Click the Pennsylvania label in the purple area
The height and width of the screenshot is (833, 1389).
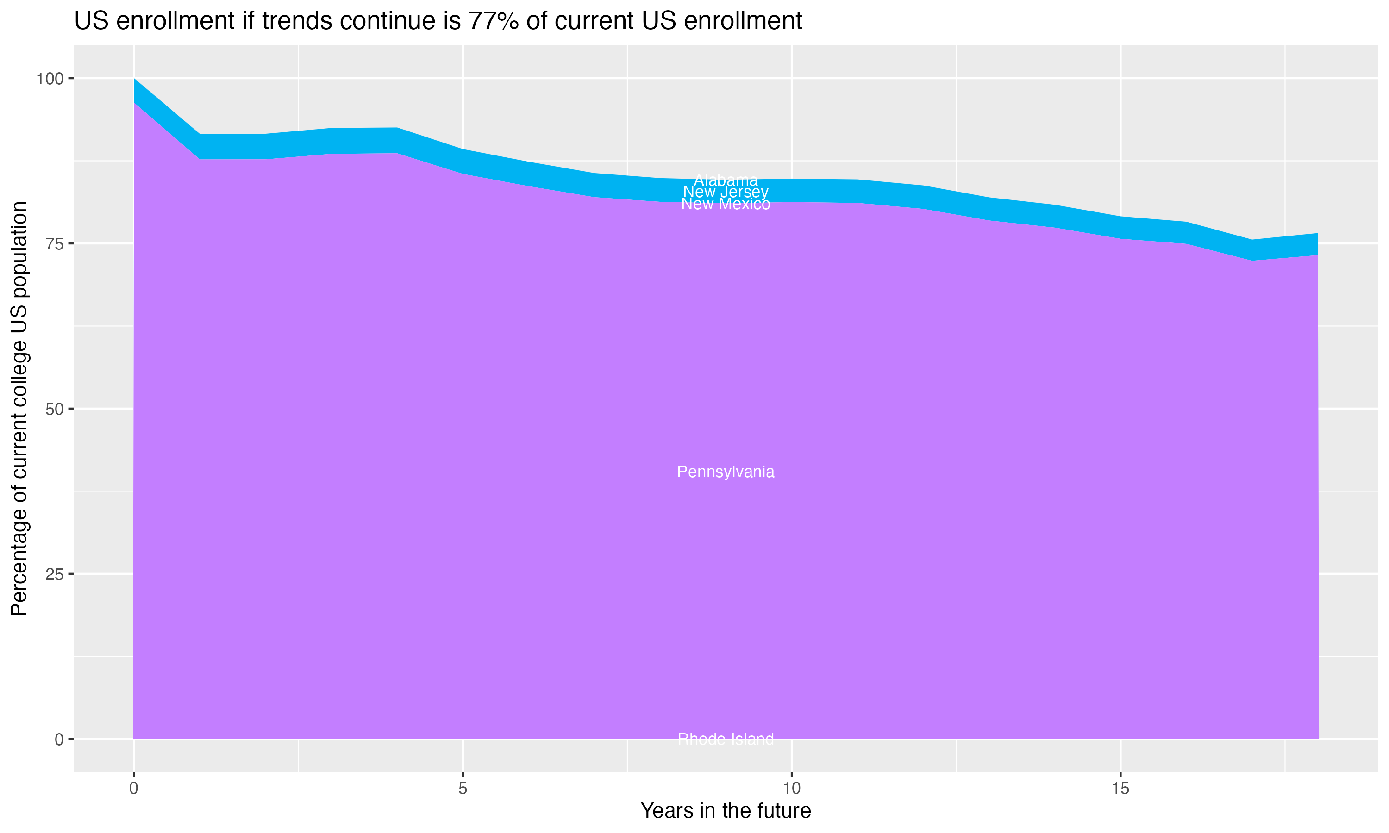(x=726, y=472)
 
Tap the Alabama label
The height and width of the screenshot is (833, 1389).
(x=726, y=180)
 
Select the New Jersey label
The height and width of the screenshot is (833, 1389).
(x=726, y=192)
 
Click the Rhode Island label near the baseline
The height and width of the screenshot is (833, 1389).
(x=726, y=739)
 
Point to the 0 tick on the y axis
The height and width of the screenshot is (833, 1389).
(x=58, y=739)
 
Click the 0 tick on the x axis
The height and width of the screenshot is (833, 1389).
(x=134, y=789)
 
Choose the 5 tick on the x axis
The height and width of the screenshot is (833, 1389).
(x=463, y=789)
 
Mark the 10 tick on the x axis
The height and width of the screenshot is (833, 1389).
(x=792, y=789)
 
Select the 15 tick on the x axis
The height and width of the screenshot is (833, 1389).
(x=1120, y=789)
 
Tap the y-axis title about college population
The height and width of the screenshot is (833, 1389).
(x=19, y=409)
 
